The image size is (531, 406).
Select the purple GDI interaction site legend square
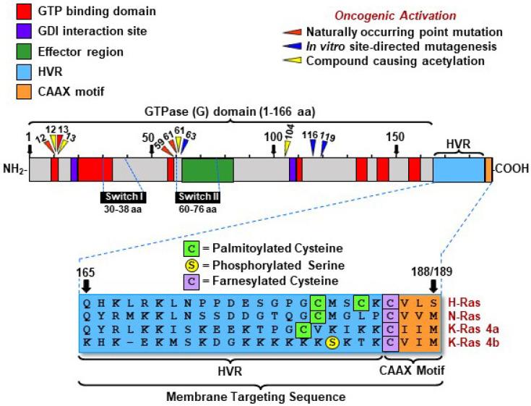(x=13, y=33)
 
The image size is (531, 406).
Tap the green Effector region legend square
(x=13, y=52)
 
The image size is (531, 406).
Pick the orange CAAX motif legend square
(x=13, y=91)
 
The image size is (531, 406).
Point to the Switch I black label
(x=123, y=197)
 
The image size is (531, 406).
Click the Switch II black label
(x=198, y=197)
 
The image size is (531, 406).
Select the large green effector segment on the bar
(x=207, y=169)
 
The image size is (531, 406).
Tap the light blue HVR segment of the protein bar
(x=458, y=169)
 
